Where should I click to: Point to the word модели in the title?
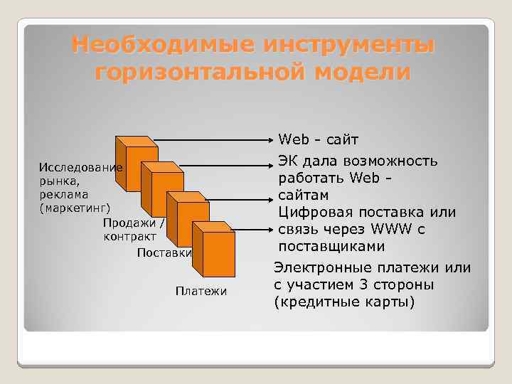pos(365,73)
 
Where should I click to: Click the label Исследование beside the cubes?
pos(80,169)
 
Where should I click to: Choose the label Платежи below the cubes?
pos(201,291)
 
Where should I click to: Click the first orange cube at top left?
pos(138,161)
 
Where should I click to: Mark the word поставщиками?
pos(331,247)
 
